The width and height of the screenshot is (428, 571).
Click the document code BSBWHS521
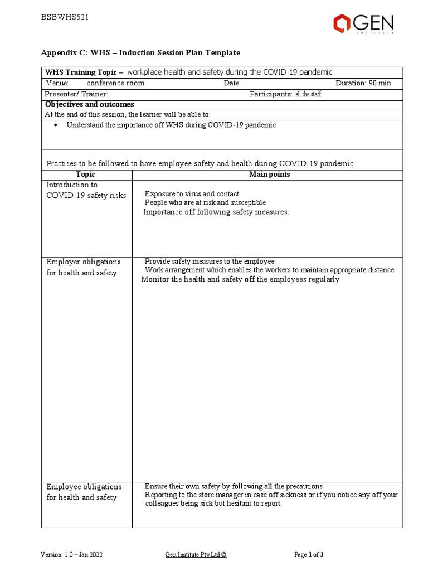(x=65, y=17)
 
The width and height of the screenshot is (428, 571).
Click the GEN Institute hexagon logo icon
(x=342, y=23)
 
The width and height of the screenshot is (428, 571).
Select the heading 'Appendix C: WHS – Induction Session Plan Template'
(x=140, y=52)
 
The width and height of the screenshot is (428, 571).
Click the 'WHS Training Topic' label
(x=81, y=72)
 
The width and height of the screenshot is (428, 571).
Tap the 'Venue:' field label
(x=56, y=83)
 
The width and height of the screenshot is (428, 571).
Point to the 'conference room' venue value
(x=115, y=83)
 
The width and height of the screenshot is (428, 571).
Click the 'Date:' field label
(x=232, y=83)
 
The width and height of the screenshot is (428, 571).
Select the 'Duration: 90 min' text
(x=363, y=83)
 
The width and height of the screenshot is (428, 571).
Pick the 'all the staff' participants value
(x=308, y=94)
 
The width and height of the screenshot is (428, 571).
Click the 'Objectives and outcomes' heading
(x=89, y=104)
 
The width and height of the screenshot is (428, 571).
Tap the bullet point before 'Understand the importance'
(x=58, y=125)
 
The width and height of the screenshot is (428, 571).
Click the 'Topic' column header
(x=86, y=175)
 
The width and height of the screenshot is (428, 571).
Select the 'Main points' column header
(x=269, y=175)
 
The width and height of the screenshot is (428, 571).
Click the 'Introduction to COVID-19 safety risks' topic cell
(x=86, y=190)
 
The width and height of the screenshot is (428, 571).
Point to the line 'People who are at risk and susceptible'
(x=205, y=202)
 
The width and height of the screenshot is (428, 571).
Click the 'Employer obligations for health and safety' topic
(x=84, y=267)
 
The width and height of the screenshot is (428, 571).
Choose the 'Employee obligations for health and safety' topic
(x=84, y=492)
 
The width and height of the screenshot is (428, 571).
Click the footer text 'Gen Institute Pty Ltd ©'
(x=196, y=555)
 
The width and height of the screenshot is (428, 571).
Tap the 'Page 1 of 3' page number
(x=309, y=555)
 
